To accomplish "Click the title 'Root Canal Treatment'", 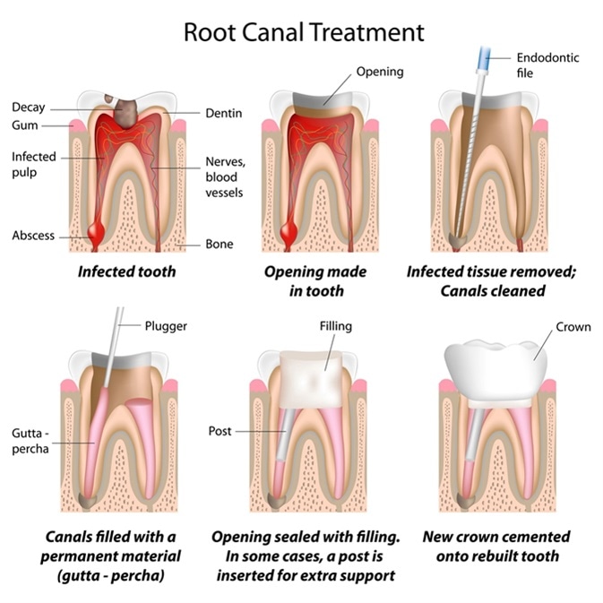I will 304,32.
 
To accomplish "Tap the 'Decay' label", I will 28,108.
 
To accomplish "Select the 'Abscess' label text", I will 33,236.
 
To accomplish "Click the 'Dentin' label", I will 224,113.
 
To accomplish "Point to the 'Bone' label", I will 220,244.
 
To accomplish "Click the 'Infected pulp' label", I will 33,164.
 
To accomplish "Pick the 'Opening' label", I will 380,72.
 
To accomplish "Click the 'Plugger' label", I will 166,326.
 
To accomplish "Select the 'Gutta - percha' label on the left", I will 31,441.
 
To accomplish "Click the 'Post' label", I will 220,431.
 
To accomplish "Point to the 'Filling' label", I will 336,327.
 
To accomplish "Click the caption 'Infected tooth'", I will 126,271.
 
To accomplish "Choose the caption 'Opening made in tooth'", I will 304,280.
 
